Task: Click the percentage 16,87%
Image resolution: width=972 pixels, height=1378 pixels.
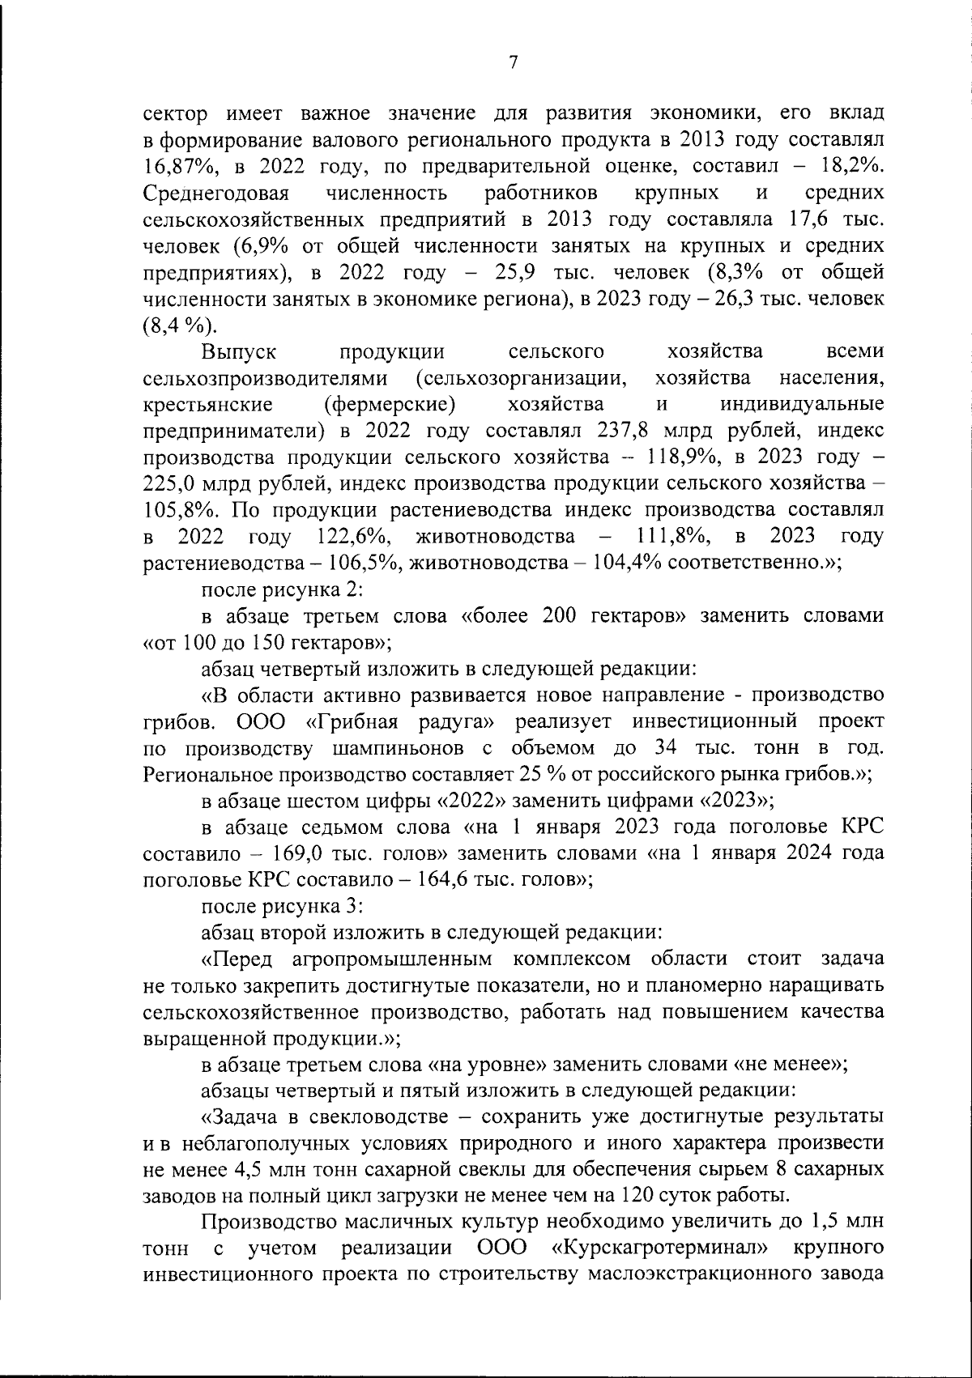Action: click(176, 167)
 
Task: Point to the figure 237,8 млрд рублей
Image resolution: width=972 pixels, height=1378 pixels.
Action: click(671, 430)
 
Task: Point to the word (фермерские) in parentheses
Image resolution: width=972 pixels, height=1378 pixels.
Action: click(387, 404)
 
